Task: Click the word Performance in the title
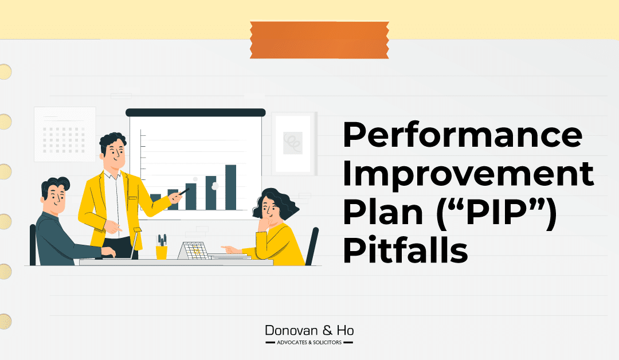click(x=462, y=136)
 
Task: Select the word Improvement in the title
click(x=468, y=174)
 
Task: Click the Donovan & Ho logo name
click(x=309, y=331)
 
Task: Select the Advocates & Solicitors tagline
click(x=309, y=343)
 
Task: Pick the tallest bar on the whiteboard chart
click(x=230, y=187)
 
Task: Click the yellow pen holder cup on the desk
click(x=162, y=252)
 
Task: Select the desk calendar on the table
click(x=194, y=251)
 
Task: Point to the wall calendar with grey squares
click(x=60, y=135)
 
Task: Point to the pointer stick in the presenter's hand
click(x=182, y=193)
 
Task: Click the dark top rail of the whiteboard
click(x=195, y=112)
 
